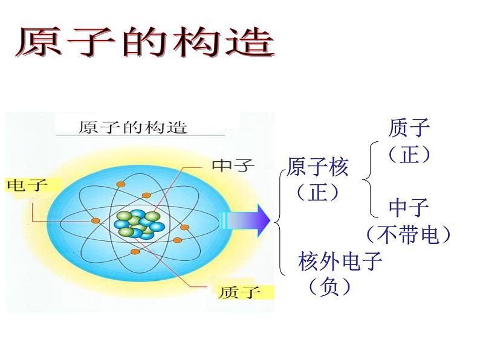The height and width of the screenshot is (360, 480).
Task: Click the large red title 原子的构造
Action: [145, 42]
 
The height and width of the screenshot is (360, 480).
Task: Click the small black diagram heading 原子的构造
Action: [132, 127]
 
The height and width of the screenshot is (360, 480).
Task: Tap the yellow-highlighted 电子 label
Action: [27, 185]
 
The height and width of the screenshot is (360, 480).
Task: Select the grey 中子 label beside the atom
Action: [233, 166]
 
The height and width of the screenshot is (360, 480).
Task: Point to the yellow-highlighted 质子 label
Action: [240, 293]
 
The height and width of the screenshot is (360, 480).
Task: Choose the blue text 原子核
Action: [317, 167]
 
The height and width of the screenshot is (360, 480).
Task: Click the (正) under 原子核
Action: [317, 192]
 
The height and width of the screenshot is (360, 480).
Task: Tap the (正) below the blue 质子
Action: [409, 154]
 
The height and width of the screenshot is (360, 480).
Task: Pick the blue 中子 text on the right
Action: [409, 207]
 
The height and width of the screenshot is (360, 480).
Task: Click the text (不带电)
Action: [409, 234]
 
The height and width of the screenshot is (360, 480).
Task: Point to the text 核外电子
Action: [340, 261]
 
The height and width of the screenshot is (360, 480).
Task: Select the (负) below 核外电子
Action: [329, 286]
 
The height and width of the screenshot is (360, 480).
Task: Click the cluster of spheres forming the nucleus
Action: [139, 224]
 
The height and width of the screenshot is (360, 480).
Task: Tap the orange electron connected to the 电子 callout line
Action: [96, 220]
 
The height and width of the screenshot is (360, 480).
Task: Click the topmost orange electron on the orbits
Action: [121, 184]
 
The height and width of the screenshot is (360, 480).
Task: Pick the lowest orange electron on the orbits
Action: [135, 252]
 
